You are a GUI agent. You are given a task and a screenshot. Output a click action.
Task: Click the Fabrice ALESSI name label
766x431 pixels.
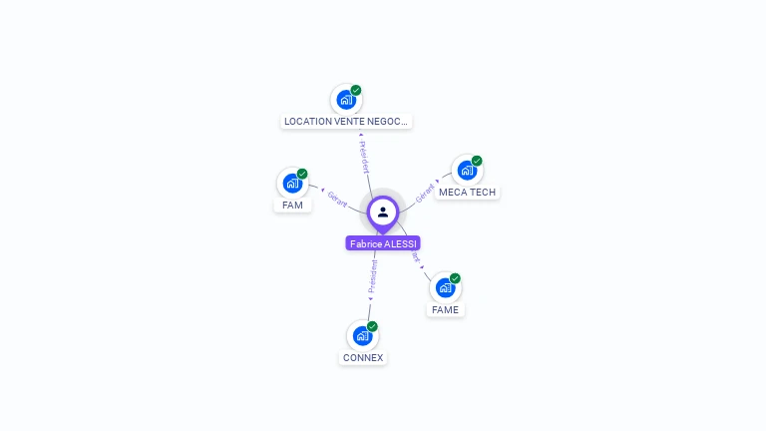pyautogui.click(x=383, y=243)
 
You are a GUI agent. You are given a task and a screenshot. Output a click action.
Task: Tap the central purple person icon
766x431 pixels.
pyautogui.click(x=383, y=212)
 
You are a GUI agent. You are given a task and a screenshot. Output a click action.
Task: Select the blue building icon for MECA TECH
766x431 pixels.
pyautogui.click(x=466, y=170)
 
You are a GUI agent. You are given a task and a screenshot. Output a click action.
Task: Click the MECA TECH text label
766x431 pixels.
pyautogui.click(x=467, y=192)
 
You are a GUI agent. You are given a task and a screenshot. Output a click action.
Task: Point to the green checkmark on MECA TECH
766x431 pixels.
pyautogui.click(x=477, y=161)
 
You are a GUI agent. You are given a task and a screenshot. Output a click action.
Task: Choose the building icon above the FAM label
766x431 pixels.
pyautogui.click(x=292, y=183)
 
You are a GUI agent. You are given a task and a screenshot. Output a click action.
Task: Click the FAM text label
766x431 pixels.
pyautogui.click(x=292, y=205)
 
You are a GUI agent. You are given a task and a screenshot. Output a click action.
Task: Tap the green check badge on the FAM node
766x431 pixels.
pyautogui.click(x=302, y=174)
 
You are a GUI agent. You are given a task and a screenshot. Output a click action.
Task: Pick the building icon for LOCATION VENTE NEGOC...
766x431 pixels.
pyautogui.click(x=345, y=99)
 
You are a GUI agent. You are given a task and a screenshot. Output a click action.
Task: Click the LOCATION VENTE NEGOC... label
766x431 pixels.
pyautogui.click(x=346, y=121)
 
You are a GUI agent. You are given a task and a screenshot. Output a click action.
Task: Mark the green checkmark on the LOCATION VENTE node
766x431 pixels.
pyautogui.click(x=356, y=90)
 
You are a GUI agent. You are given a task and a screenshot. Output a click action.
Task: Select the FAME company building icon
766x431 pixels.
pyautogui.click(x=445, y=287)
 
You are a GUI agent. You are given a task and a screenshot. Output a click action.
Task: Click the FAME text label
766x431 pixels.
pyautogui.click(x=445, y=309)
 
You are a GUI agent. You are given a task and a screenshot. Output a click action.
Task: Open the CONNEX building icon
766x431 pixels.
pyautogui.click(x=362, y=335)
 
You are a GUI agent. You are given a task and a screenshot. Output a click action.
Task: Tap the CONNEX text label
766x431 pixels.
pyautogui.click(x=363, y=357)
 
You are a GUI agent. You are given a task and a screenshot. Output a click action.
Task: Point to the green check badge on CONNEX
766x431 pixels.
pyautogui.click(x=372, y=326)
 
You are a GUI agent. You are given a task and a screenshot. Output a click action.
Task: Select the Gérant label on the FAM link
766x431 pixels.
pyautogui.click(x=336, y=199)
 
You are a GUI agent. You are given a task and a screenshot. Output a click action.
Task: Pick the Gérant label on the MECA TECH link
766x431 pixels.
pyautogui.click(x=426, y=193)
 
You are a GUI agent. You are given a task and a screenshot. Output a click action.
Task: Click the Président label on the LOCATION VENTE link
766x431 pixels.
pyautogui.click(x=363, y=157)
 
